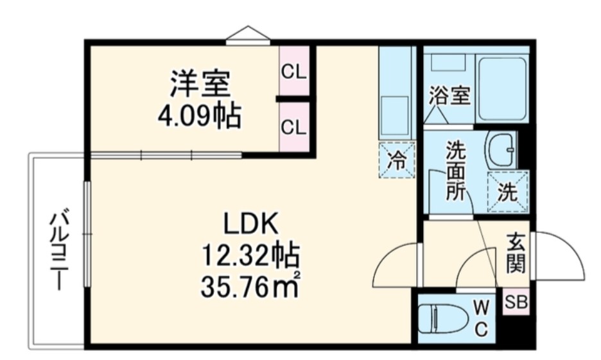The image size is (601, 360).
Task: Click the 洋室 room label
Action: (200, 83)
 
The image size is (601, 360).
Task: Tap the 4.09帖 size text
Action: (200, 115)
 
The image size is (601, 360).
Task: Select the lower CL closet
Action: (294, 127)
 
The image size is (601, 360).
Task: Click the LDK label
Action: (250, 224)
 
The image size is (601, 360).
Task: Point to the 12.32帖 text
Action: (250, 255)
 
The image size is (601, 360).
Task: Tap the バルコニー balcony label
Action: (59, 248)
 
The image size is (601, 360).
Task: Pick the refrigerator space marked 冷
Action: (397, 160)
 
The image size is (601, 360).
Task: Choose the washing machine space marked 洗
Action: (507, 192)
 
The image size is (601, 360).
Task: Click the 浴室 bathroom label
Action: (449, 96)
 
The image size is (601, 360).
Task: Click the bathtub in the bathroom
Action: (502, 88)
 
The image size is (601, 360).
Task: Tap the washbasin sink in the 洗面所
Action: (501, 150)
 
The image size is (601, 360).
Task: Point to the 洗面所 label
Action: (456, 171)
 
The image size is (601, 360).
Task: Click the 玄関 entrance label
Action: (516, 252)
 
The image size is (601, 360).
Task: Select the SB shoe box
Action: (516, 302)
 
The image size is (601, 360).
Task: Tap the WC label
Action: (482, 318)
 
